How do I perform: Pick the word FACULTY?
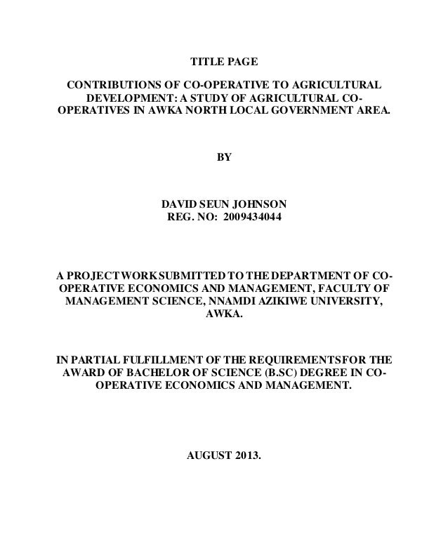click(349, 288)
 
